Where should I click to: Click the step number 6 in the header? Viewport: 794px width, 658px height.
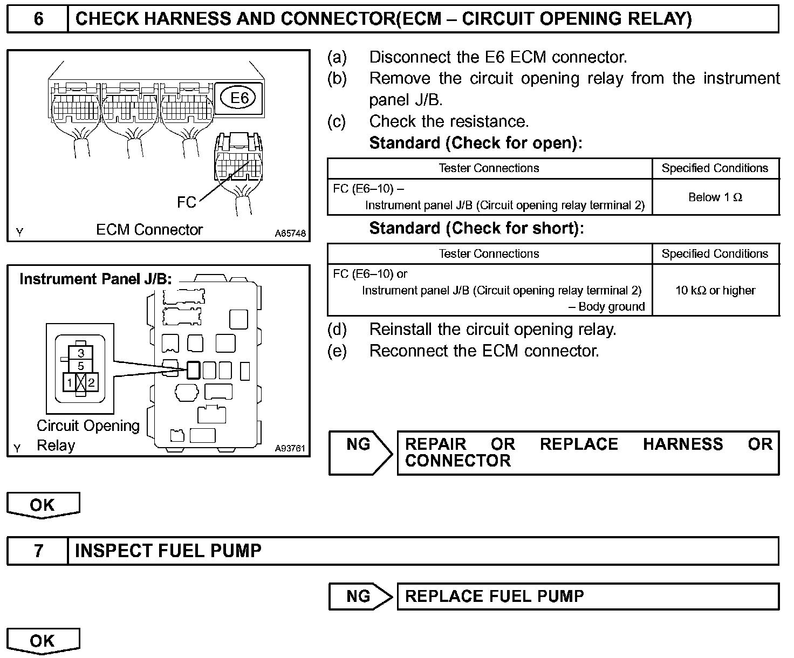[38, 19]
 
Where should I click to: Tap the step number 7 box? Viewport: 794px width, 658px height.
[38, 551]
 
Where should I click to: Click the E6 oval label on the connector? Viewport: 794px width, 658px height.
[239, 98]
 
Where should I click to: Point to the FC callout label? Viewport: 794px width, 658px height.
[187, 202]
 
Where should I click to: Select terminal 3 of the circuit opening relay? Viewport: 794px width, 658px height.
[81, 353]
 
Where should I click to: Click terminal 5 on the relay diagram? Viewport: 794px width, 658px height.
[81, 366]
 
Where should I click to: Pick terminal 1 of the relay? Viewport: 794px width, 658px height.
[70, 383]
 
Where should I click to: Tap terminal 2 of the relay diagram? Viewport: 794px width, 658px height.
[92, 383]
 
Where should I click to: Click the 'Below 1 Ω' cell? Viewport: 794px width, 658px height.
[715, 197]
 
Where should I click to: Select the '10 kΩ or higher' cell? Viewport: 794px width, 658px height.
[715, 290]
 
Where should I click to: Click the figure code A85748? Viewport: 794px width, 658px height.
[290, 234]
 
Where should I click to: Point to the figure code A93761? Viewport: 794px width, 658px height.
[290, 448]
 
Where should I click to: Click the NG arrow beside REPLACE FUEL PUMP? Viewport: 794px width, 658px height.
[360, 597]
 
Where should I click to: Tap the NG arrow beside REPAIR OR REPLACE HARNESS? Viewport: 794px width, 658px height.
[360, 452]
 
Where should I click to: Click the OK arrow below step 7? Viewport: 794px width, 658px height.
[43, 641]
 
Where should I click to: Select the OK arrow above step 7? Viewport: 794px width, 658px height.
[43, 505]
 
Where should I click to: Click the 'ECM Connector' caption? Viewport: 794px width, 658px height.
[149, 230]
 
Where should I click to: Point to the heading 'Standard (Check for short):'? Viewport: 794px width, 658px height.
[476, 228]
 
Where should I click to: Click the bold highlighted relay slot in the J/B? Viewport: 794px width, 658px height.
[193, 369]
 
